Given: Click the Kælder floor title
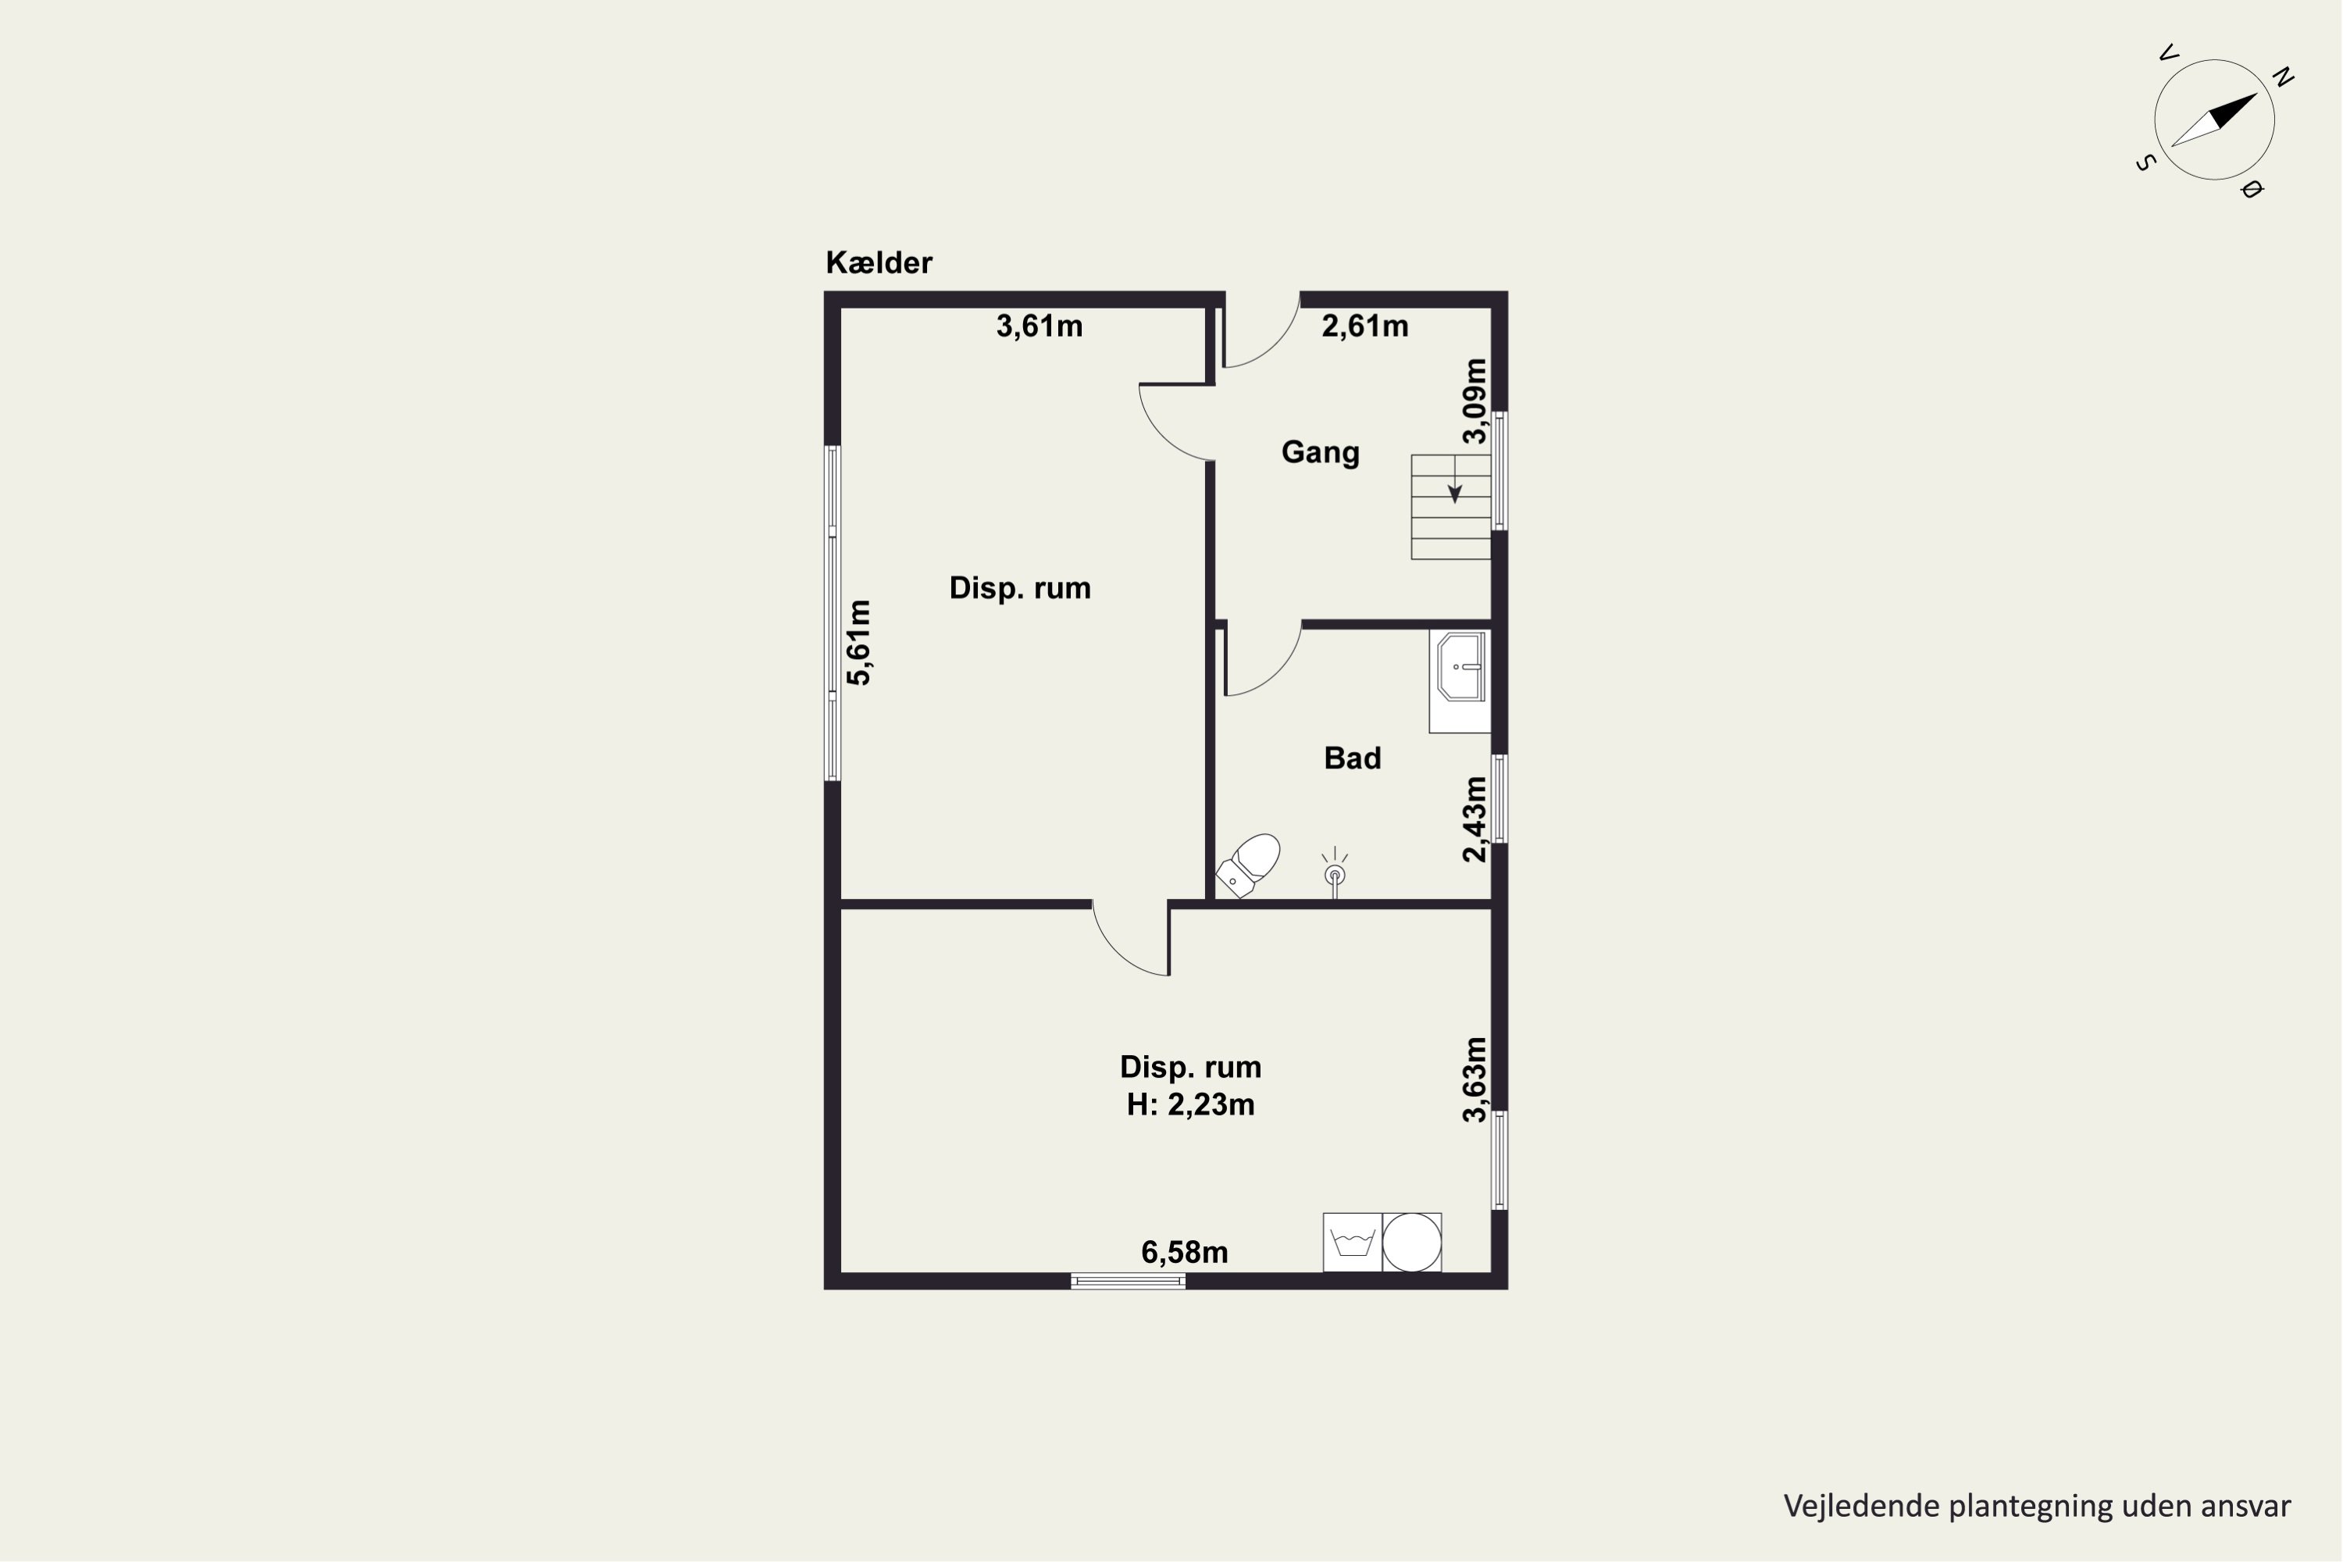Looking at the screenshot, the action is click(x=879, y=263).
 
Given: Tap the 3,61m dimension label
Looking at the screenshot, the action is click(x=1039, y=326).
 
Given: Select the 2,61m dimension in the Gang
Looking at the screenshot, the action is click(x=1364, y=326).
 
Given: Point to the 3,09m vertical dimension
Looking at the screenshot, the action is click(x=1475, y=401).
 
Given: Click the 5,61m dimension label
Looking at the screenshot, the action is click(x=858, y=643).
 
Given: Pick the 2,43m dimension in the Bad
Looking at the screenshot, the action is click(x=1475, y=818).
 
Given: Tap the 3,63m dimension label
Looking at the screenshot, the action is click(x=1475, y=1080).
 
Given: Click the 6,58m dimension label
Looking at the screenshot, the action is click(x=1185, y=1252).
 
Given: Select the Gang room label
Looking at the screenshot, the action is click(x=1320, y=452).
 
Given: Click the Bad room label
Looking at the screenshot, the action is click(x=1352, y=758).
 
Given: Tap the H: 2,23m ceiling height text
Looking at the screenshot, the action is click(x=1190, y=1105).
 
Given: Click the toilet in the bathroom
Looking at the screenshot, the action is click(x=1247, y=865).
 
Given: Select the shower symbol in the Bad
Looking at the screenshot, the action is click(x=1335, y=872).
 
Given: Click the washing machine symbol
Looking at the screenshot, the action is click(x=1352, y=1243).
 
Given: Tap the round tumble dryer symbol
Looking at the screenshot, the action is click(x=1411, y=1243).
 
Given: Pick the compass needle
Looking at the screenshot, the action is click(x=2214, y=119).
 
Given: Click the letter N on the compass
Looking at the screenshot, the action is click(x=2282, y=77).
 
